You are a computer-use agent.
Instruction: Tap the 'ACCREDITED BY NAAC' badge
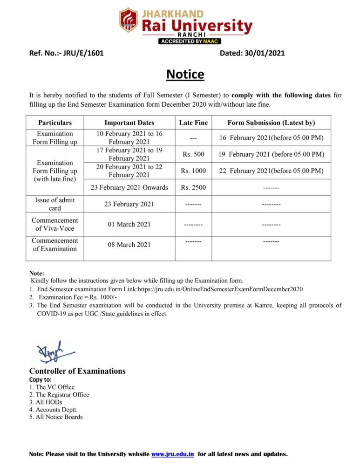[x=190, y=41]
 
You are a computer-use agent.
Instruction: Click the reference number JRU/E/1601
[x=84, y=53]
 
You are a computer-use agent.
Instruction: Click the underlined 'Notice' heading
[x=185, y=75]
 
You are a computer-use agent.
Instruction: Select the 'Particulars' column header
[x=55, y=123]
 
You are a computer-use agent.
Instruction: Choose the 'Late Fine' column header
[x=193, y=123]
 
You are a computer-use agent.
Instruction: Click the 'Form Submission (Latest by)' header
[x=271, y=123]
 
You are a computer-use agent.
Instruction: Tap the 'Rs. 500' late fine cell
[x=193, y=154]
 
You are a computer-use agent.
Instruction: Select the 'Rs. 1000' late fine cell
[x=193, y=171]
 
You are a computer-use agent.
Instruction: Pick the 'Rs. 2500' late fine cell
[x=193, y=187]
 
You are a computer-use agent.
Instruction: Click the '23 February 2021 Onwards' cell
[x=129, y=187]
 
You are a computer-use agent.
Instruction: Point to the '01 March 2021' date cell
[x=129, y=224]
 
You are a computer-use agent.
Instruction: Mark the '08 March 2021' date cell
[x=129, y=244]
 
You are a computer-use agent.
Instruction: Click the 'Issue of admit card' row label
[x=55, y=204]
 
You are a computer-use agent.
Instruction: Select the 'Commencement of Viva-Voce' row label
[x=55, y=224]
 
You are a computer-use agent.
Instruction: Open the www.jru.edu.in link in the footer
[x=172, y=454]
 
